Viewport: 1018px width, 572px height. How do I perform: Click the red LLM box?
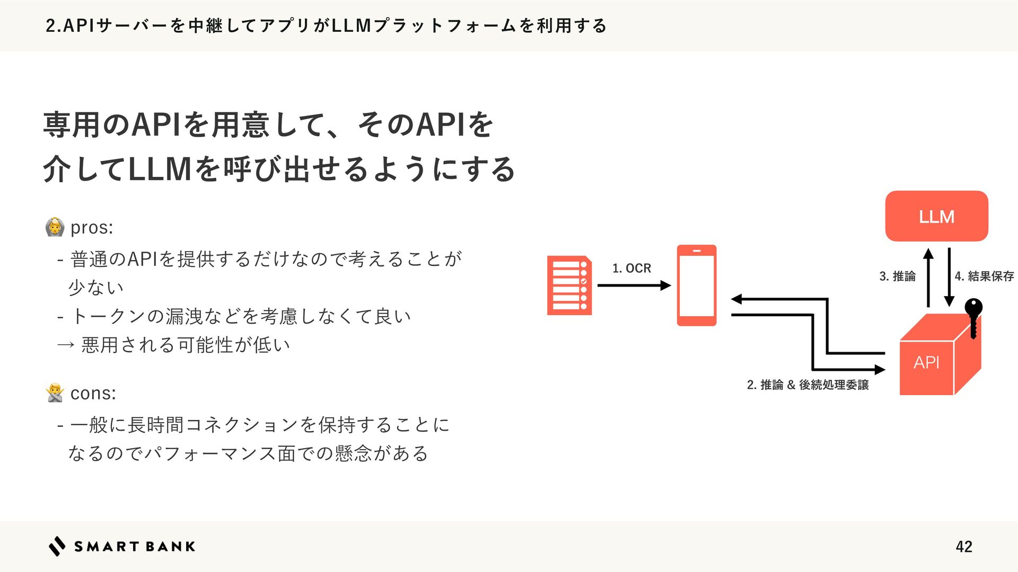[936, 216]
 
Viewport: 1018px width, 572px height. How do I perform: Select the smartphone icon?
[697, 285]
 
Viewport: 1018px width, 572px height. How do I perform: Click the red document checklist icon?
[569, 285]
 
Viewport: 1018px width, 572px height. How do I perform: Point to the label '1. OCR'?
[631, 269]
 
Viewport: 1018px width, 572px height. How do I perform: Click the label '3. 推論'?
[897, 276]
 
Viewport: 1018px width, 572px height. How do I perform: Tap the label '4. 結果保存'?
[984, 276]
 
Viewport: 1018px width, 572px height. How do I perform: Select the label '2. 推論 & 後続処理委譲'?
[808, 385]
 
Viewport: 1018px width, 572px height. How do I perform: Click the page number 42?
[964, 547]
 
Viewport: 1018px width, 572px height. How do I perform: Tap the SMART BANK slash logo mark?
[57, 546]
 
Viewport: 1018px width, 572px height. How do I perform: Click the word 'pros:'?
[92, 227]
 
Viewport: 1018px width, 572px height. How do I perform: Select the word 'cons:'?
[93, 393]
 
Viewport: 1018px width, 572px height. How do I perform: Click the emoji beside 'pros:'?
[55, 227]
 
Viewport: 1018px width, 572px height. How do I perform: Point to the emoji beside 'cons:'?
[55, 393]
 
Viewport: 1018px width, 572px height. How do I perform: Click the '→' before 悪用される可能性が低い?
[66, 345]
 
